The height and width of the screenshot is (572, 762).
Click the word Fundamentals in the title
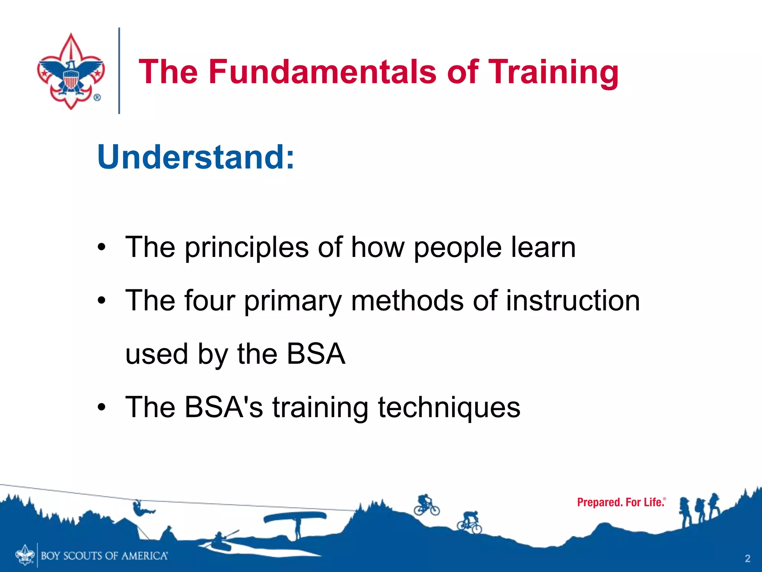322,71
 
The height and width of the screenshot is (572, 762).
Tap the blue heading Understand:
196,157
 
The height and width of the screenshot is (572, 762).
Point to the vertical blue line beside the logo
119,71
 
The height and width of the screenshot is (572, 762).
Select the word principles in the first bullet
246,248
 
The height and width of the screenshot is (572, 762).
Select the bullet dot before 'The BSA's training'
102,407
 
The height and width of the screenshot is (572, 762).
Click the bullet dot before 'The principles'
102,247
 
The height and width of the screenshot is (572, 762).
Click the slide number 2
747,558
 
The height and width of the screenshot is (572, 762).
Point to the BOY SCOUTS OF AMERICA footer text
104,556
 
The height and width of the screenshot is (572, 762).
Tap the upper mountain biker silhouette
426,505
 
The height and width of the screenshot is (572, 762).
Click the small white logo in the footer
25,555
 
